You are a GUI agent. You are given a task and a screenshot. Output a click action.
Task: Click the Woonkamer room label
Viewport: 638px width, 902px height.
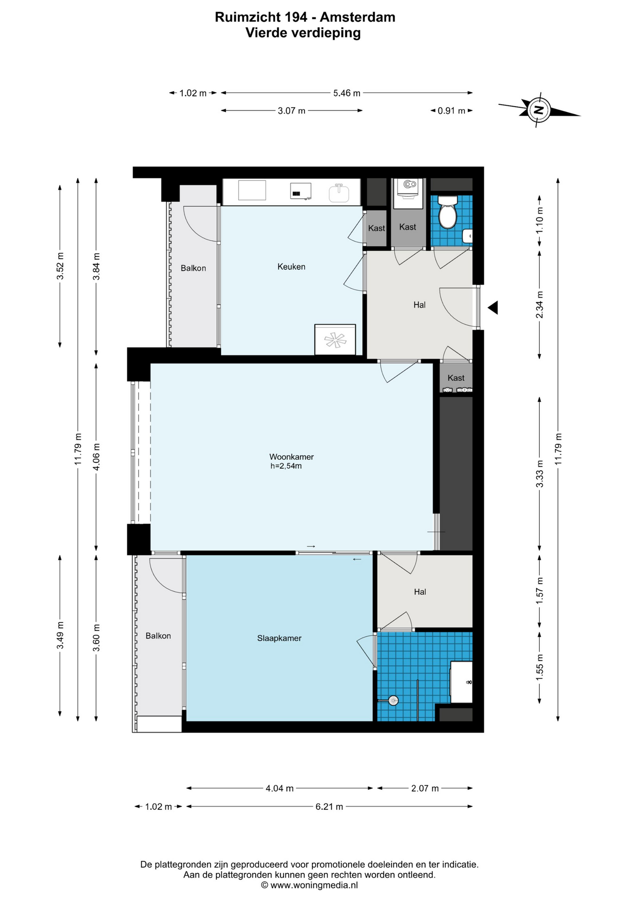coord(291,457)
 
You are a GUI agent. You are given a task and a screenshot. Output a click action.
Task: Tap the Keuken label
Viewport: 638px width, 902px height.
coord(291,267)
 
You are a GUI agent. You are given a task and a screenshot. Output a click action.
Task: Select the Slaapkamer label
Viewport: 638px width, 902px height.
coord(279,638)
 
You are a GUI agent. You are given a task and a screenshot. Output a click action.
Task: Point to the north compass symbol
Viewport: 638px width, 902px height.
coord(539,110)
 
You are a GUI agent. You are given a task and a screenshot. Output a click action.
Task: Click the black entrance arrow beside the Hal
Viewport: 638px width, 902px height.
coord(492,308)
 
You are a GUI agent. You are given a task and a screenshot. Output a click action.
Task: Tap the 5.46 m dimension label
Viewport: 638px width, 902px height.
coord(347,93)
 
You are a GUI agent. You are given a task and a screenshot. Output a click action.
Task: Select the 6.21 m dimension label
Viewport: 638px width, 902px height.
coord(329,807)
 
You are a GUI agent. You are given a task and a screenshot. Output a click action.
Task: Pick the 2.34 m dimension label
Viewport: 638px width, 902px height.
coord(539,304)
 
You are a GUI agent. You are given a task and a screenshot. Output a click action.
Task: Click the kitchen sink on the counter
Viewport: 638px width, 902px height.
coord(339,193)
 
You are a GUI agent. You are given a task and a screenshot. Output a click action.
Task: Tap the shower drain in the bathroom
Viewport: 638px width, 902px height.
coord(393,701)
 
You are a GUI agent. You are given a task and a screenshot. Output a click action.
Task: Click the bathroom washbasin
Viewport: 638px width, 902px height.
coord(461,682)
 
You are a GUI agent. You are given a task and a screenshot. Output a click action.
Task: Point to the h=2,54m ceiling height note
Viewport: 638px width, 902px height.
coord(286,467)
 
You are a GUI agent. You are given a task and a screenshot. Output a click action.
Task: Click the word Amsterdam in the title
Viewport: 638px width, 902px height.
coord(358,17)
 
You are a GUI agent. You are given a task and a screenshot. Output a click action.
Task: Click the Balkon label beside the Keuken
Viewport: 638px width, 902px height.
coord(194,268)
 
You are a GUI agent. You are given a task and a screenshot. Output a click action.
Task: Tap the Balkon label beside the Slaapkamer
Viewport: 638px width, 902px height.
coord(158,636)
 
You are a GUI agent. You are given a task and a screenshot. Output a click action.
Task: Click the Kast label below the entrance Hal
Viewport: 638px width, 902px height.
coord(456,378)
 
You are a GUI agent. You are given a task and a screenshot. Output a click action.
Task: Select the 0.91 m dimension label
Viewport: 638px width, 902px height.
coord(451,111)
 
